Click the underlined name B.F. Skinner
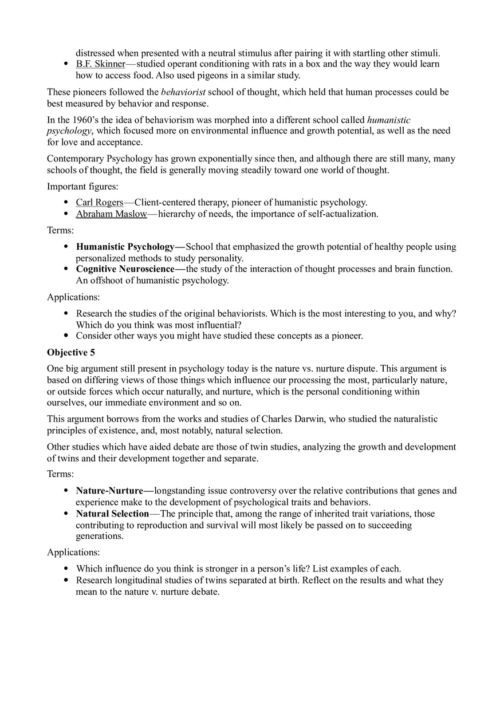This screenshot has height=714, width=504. tap(100, 64)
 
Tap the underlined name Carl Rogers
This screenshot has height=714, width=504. tap(100, 202)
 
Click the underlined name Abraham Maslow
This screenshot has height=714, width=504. tap(111, 214)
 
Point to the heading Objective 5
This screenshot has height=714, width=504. tap(71, 353)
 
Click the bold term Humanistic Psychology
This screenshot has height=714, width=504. tap(125, 247)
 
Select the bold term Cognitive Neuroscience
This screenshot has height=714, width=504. tap(125, 269)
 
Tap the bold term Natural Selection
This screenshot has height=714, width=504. tap(112, 514)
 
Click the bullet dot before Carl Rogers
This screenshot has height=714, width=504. tap(66, 203)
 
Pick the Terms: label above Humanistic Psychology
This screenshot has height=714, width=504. tap(60, 230)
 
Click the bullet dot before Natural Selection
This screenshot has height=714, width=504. tap(66, 514)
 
